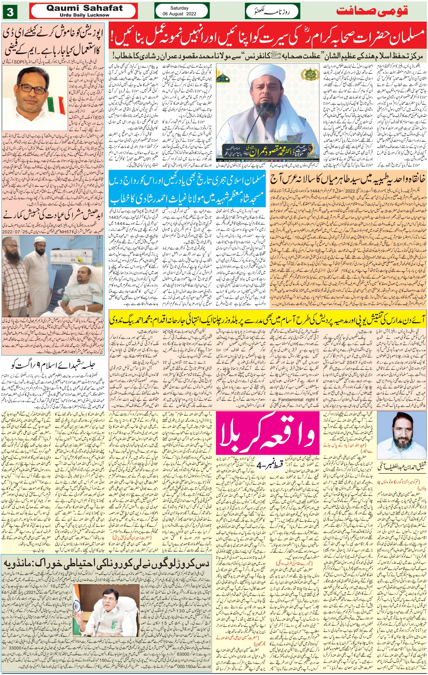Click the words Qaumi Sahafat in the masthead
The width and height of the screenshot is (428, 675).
(84, 8)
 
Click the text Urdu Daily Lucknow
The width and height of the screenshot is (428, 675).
(84, 15)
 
